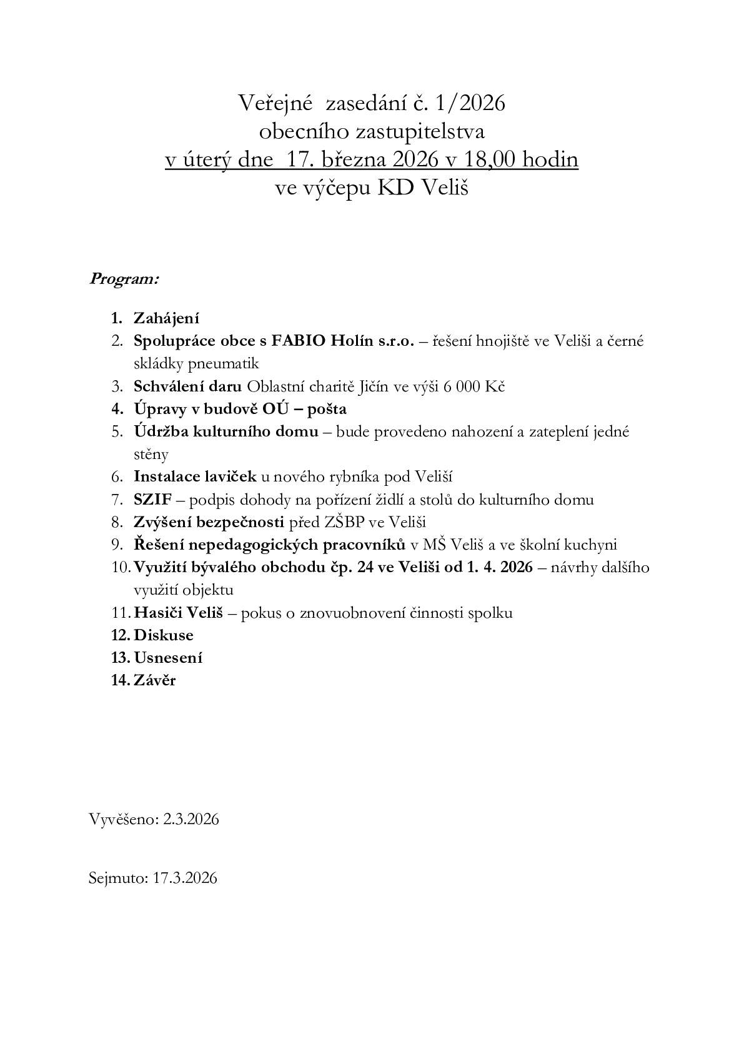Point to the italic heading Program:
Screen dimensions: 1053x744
point(124,278)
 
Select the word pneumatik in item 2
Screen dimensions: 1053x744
point(229,363)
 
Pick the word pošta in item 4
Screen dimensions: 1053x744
point(323,409)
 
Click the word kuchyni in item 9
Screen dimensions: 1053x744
point(591,545)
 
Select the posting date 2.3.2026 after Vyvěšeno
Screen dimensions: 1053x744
point(191,819)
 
